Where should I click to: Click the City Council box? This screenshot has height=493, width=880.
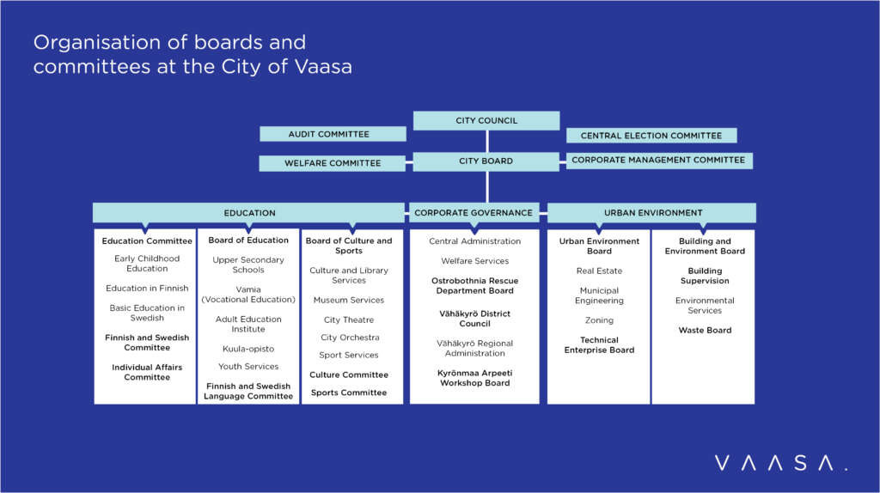[486, 121]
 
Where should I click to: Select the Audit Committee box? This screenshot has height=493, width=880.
[333, 134]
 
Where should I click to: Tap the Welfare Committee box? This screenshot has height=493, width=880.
[333, 163]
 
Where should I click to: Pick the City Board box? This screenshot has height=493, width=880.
[486, 161]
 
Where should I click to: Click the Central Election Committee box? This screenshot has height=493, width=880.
[651, 136]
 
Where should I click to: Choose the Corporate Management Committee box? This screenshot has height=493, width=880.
[658, 161]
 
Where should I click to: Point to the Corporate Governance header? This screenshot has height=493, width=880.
[474, 213]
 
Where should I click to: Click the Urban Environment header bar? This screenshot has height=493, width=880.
[652, 213]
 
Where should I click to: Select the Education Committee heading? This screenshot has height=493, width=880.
[147, 241]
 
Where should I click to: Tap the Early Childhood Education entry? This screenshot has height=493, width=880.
[147, 264]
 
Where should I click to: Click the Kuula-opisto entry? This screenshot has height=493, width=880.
[248, 349]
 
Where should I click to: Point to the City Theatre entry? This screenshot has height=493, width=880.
[349, 320]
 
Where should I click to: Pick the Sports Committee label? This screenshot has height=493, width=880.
[349, 393]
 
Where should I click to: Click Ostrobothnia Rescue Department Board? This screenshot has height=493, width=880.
[474, 286]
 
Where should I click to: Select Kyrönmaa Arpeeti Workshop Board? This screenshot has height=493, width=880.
[474, 378]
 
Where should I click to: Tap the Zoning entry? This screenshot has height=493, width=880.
[599, 320]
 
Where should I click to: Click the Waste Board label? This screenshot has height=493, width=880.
[705, 331]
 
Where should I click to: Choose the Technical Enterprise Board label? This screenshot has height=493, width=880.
[599, 345]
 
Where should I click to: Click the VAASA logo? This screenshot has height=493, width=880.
[780, 464]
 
